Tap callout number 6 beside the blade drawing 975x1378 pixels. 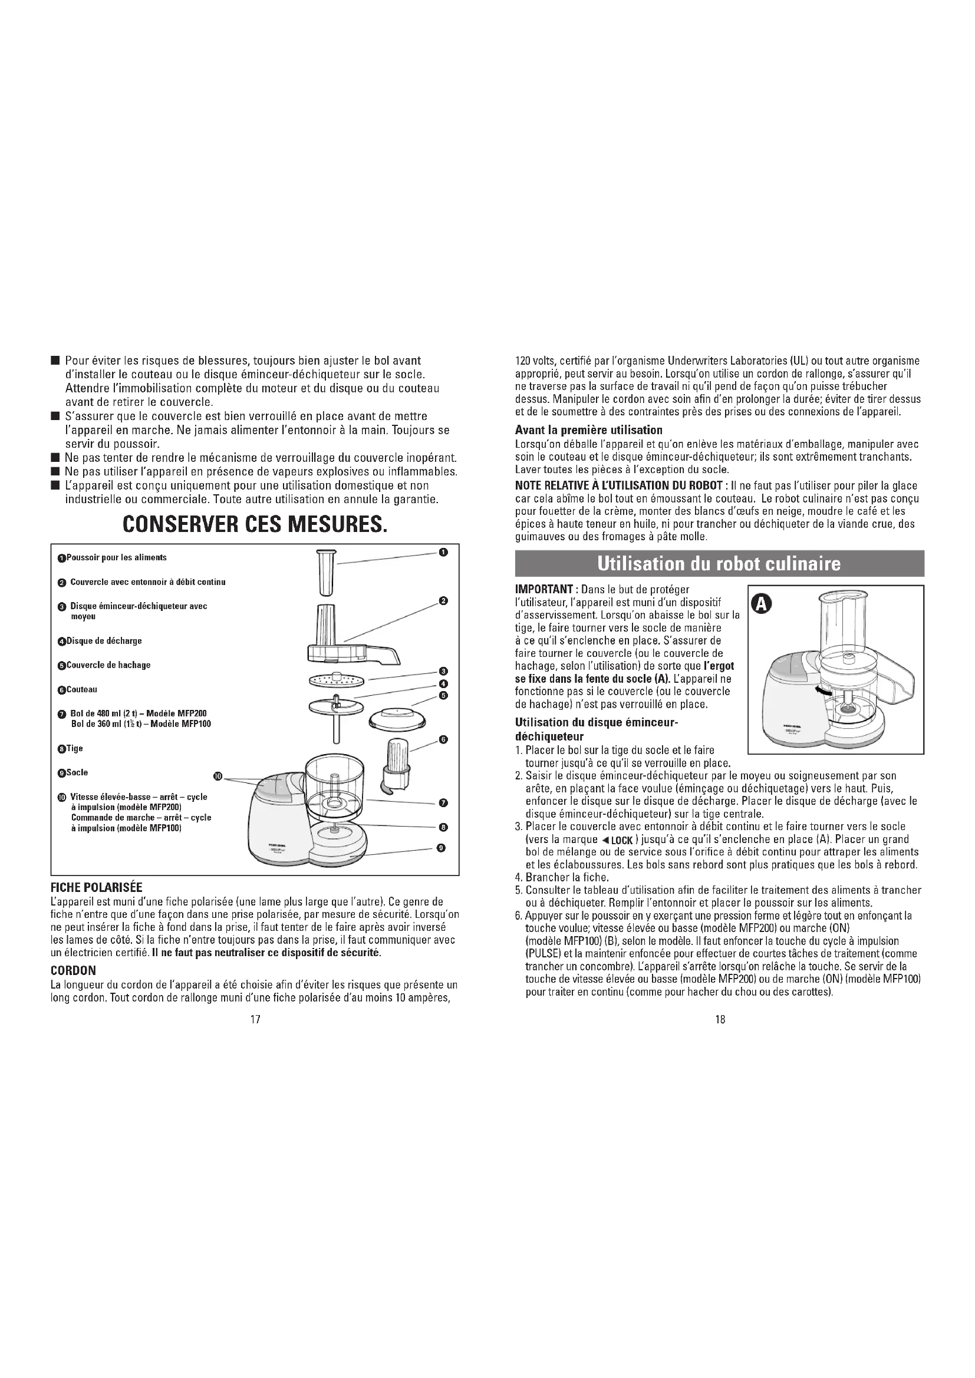(444, 739)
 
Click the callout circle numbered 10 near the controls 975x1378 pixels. (219, 776)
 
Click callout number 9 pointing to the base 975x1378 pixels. (442, 848)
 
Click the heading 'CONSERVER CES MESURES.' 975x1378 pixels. (255, 525)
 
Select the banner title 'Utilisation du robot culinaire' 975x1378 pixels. (719, 564)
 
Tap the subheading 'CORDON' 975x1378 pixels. (73, 970)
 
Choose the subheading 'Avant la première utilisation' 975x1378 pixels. (588, 429)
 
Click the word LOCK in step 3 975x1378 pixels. (621, 840)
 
